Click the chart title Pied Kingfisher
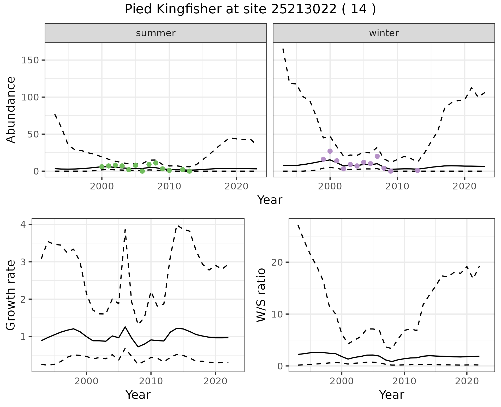point(250,9)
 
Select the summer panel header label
point(156,33)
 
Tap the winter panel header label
point(384,33)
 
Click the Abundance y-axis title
point(11,110)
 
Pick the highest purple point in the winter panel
point(330,151)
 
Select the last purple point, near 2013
point(417,170)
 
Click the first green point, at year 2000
point(102,167)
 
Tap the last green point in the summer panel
point(189,171)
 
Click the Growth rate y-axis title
point(11,295)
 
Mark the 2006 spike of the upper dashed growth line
point(125,230)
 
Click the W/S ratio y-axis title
point(261,295)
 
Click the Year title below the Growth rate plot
point(138,395)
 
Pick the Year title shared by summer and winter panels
point(270,200)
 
